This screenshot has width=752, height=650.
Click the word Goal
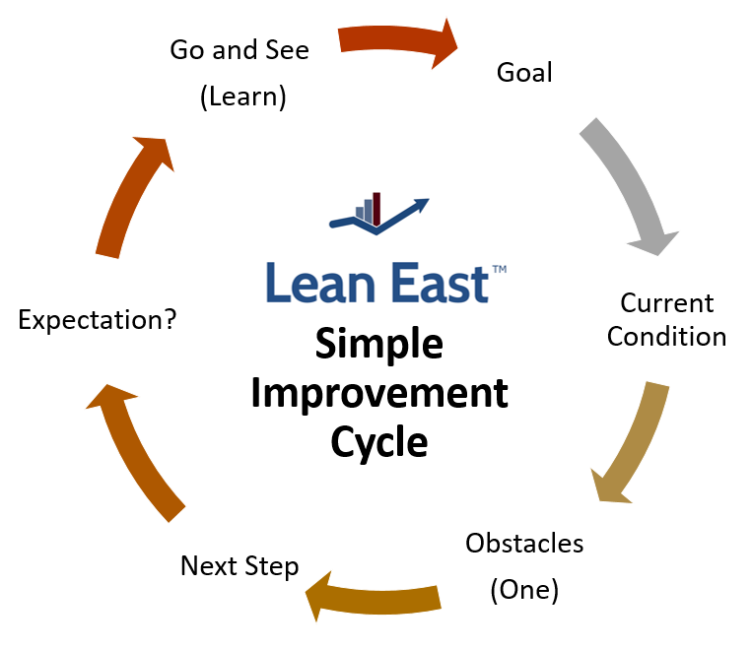pyautogui.click(x=524, y=73)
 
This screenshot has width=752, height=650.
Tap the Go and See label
pyautogui.click(x=239, y=50)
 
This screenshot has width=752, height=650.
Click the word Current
pyautogui.click(x=667, y=303)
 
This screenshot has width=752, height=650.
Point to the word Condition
pyautogui.click(x=666, y=337)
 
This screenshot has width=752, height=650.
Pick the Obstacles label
pyautogui.click(x=524, y=543)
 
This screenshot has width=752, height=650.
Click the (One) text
pyautogui.click(x=524, y=590)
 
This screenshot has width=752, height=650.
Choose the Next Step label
pyautogui.click(x=239, y=567)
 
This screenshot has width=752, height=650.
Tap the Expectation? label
pyautogui.click(x=98, y=320)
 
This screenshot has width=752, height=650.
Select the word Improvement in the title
pyautogui.click(x=379, y=394)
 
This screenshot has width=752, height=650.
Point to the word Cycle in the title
pyautogui.click(x=379, y=442)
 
